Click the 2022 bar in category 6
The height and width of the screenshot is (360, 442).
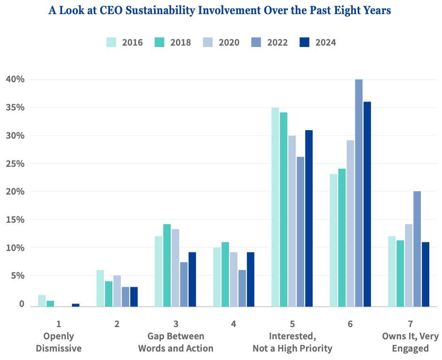359,193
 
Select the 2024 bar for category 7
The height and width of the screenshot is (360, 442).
426,274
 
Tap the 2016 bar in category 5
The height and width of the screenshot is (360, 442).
275,207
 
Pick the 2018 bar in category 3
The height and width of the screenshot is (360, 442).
167,266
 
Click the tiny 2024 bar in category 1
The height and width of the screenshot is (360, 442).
76,305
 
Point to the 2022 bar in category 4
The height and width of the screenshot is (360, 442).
242,288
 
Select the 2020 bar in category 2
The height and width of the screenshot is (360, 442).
117,291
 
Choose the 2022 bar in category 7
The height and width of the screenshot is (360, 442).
417,249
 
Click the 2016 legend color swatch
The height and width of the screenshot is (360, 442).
111,42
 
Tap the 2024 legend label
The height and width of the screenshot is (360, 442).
325,43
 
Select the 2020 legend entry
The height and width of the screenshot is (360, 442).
221,42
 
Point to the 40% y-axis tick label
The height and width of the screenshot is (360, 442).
15,79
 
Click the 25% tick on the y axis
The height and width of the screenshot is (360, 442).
15,164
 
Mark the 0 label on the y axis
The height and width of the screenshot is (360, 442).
22,304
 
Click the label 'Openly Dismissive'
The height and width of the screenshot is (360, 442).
59,342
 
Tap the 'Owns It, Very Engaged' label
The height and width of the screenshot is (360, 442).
410,342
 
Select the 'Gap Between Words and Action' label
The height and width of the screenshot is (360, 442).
175,342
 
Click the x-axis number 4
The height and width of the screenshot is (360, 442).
233,324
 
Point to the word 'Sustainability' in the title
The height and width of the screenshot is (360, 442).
160,11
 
